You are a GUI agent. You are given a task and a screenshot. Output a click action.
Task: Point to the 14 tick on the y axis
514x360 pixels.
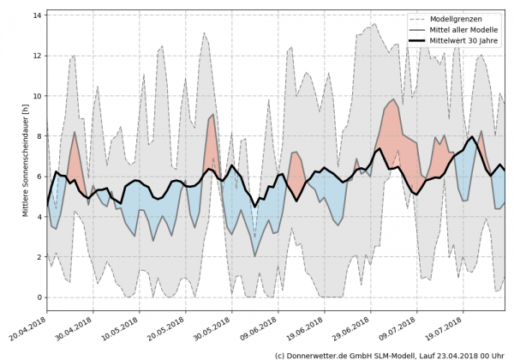pyautogui.click(x=38, y=15)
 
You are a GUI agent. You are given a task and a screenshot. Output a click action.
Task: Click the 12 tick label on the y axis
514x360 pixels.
pyautogui.click(x=38, y=56)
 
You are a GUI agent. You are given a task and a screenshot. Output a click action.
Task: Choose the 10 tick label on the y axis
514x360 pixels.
pyautogui.click(x=38, y=96)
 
